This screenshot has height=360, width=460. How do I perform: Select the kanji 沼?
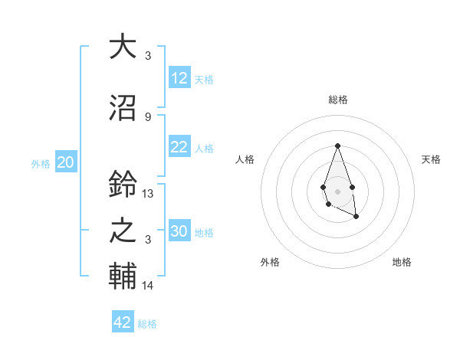point(123,106)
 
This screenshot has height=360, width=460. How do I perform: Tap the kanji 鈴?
point(123,184)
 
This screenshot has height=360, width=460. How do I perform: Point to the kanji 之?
point(123,230)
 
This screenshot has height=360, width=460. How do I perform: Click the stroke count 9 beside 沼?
point(148,116)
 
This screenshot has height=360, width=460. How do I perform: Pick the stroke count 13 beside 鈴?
point(148,194)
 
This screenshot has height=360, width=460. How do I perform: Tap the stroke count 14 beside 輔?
point(148,286)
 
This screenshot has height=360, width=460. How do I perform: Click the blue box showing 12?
point(179,78)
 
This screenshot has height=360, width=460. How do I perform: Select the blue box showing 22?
point(179,147)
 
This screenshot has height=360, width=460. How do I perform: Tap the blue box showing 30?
point(179,231)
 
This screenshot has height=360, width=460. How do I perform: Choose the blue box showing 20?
point(66,162)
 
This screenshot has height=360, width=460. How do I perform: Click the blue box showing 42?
point(123,322)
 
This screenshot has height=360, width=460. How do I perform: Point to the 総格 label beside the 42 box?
point(147,324)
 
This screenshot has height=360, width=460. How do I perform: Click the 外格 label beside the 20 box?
point(41,164)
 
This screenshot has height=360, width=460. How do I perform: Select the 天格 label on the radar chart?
point(432,159)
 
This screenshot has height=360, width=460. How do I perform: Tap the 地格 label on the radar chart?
point(402,262)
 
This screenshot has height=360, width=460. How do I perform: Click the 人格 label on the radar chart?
point(245,159)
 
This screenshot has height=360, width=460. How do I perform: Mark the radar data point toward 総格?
point(337,146)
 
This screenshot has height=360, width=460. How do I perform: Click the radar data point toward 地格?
point(356,217)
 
